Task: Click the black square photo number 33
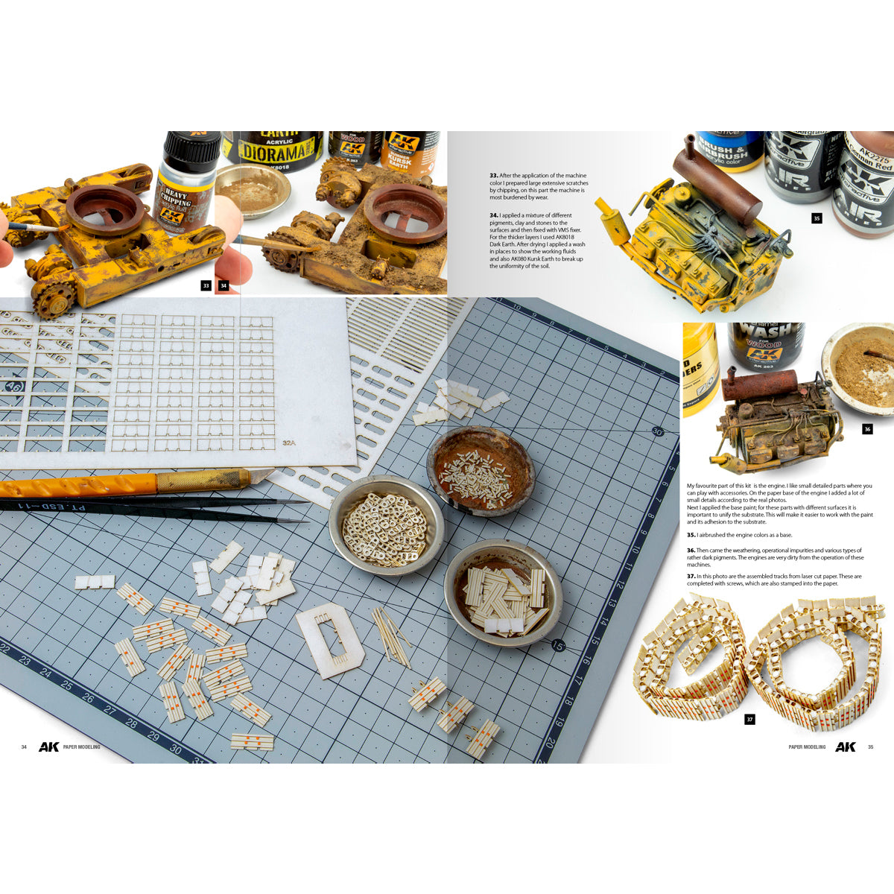[x=206, y=285]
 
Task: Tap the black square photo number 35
[x=817, y=218]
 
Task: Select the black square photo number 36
[x=866, y=429]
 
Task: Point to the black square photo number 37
[x=749, y=719]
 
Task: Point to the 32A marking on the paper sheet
[x=290, y=443]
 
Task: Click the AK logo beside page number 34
[x=49, y=746]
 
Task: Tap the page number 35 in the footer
[x=870, y=746]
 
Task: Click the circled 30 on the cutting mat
[x=656, y=431]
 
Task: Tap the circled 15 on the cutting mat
[x=557, y=645]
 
